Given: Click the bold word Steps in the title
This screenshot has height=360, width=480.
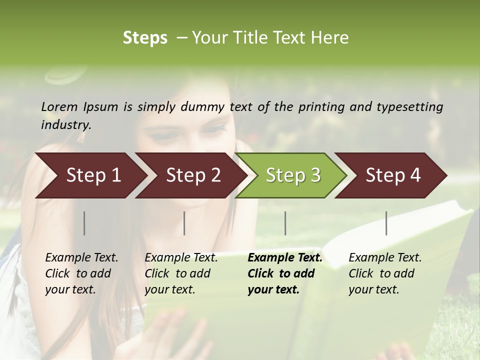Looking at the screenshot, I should click(145, 38).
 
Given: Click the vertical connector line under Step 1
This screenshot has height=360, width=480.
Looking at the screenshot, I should click(84, 223).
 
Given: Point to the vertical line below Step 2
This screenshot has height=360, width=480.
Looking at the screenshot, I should click(184, 223).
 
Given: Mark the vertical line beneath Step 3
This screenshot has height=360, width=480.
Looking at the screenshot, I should click(285, 223).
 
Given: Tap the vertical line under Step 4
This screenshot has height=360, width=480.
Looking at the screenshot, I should click(386, 223).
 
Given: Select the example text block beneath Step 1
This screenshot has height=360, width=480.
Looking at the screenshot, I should click(81, 273).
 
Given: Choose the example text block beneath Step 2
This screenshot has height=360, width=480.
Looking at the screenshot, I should click(181, 273).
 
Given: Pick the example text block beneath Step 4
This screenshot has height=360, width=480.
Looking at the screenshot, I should click(385, 273).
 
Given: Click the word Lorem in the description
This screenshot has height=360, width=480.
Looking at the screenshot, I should click(59, 107).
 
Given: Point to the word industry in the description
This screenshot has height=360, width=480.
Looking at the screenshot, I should click(66, 125).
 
